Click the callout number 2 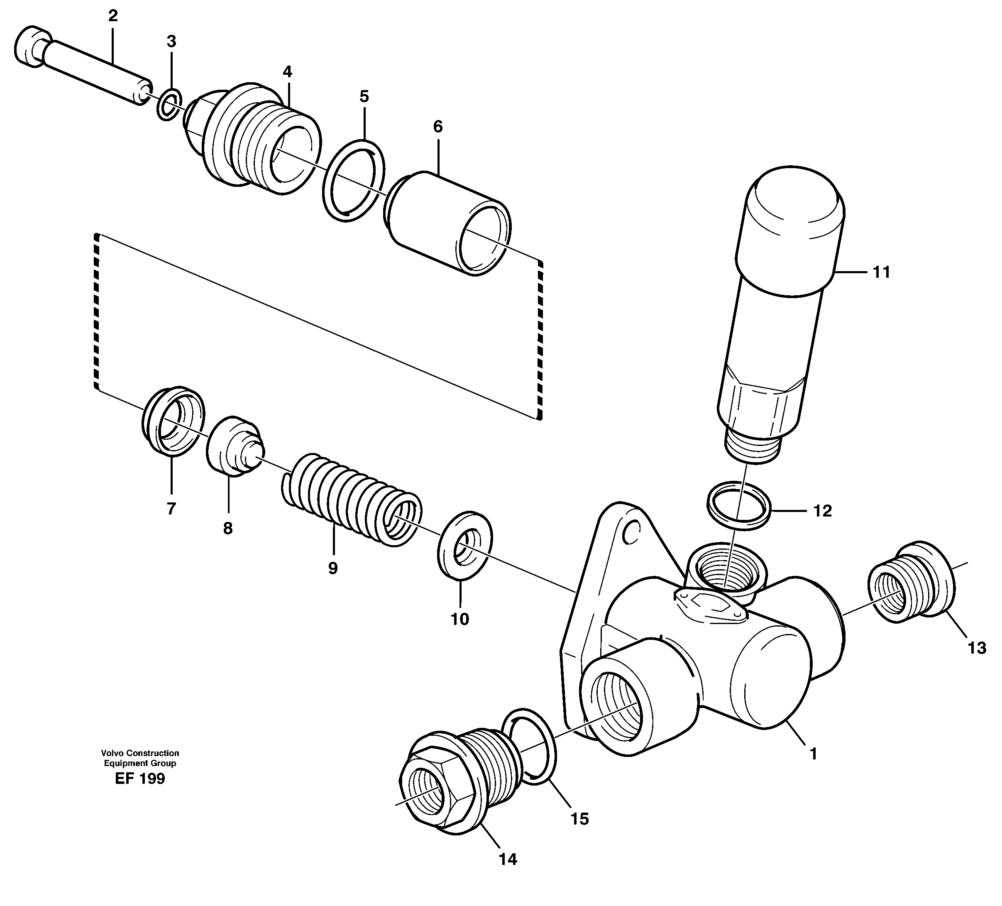113,17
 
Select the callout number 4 287,72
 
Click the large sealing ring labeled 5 353,181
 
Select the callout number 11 881,272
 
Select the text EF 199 139,779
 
